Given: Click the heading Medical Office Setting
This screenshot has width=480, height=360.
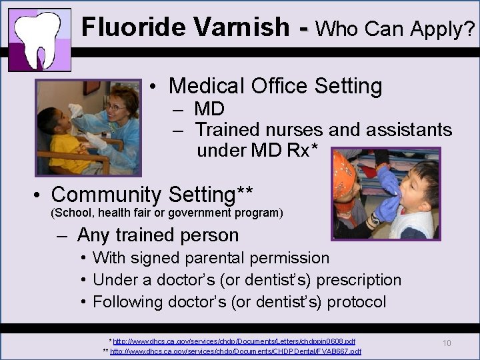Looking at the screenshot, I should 275,86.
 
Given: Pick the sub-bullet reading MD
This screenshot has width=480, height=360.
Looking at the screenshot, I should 209,109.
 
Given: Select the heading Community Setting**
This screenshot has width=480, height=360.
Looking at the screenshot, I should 151,195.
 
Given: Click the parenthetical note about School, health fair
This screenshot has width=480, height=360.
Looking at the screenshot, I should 167,213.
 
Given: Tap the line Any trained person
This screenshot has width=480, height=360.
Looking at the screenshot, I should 157,235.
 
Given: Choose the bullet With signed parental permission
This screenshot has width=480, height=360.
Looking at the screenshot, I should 211,257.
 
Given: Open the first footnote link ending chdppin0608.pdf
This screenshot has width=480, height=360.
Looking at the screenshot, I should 234,341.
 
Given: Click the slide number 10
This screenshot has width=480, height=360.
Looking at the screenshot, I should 447,343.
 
